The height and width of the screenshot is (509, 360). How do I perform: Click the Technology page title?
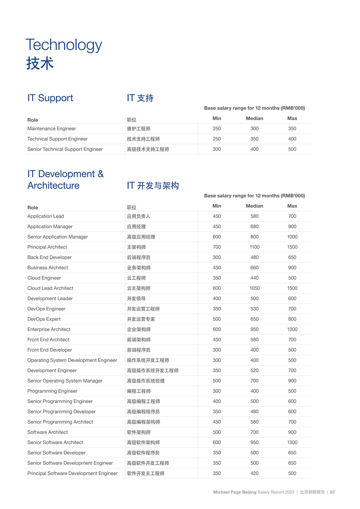point(64,45)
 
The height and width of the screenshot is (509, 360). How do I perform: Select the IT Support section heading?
point(50,98)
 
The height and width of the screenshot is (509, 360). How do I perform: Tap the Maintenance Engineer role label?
point(51,129)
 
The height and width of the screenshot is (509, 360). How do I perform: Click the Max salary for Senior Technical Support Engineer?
point(292,149)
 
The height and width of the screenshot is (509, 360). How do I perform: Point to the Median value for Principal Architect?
point(254,247)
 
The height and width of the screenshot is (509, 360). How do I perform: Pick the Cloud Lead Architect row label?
point(50,288)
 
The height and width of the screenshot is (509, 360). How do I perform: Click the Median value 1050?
point(254,288)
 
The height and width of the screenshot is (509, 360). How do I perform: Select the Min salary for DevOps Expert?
point(217,319)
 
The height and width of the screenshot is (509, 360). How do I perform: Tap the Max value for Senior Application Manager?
point(292,237)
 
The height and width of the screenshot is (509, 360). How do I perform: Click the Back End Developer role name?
point(49,258)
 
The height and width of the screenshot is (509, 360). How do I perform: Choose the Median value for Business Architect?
point(254,268)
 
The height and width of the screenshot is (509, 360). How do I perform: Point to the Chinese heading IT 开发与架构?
point(153,186)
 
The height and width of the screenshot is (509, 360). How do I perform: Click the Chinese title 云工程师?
point(136,278)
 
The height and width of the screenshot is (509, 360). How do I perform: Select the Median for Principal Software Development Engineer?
point(254,473)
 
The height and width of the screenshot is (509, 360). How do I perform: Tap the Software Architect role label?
point(47,432)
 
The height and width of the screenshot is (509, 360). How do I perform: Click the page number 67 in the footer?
point(332,492)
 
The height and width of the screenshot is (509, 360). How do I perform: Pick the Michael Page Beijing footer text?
point(235,492)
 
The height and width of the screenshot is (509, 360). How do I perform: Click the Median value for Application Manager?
point(254,227)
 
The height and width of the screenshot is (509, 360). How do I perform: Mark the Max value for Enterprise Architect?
point(292,329)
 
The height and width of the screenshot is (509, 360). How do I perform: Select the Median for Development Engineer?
point(254,371)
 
